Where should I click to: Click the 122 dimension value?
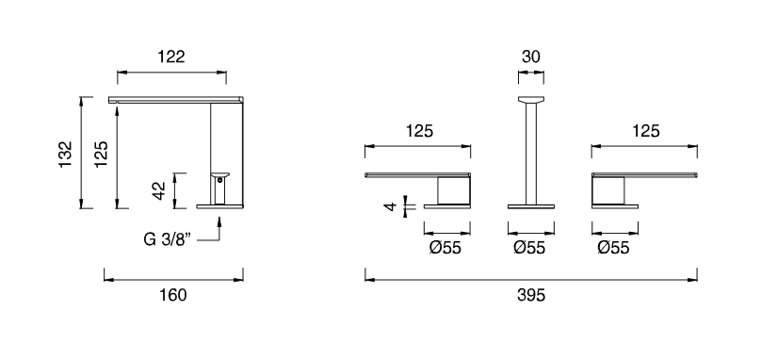tap(171, 57)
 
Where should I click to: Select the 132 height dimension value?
tap(65, 155)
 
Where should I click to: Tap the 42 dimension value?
tap(159, 190)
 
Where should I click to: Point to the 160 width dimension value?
tap(173, 294)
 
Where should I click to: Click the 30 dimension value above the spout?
tap(531, 57)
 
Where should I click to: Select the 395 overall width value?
tap(531, 294)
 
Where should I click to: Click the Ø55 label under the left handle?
tap(445, 248)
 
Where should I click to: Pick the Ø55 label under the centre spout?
tap(529, 248)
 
